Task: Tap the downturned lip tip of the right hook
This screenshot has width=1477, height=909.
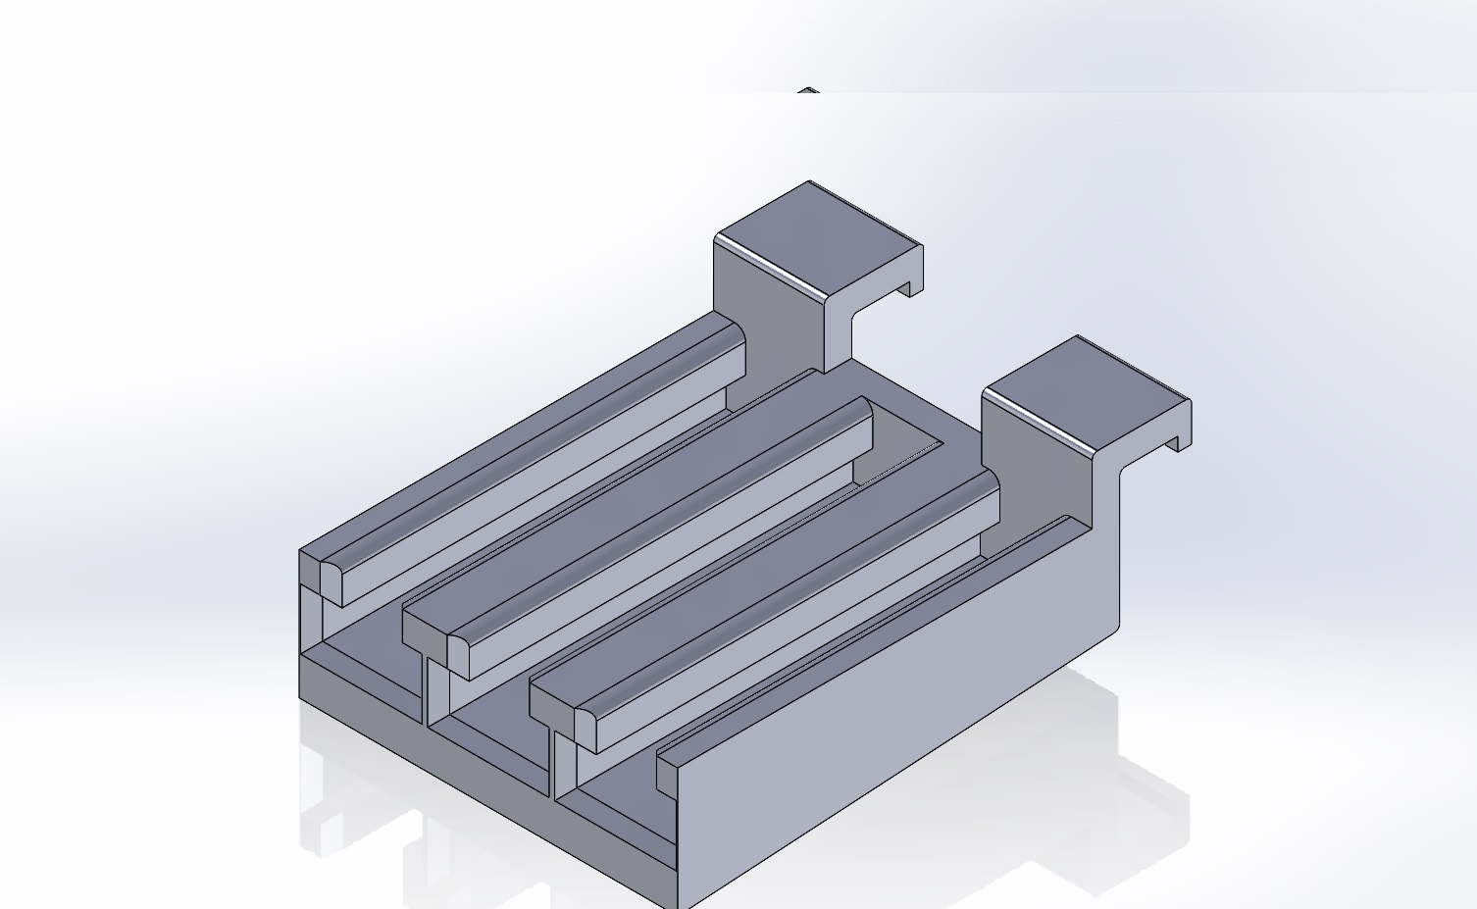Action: pos(1179,444)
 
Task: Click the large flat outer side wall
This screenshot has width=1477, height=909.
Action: pos(902,726)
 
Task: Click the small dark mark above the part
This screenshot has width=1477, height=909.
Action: pos(807,90)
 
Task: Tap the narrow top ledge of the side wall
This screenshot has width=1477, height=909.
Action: pos(863,637)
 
